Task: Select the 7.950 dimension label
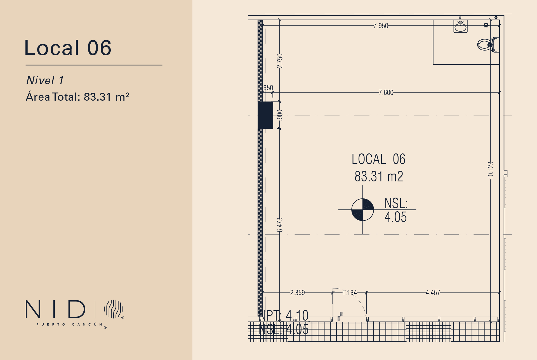[x=381, y=26]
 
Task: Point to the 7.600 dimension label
[x=386, y=93]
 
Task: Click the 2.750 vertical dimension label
[x=280, y=61]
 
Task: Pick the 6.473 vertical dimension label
[x=280, y=225]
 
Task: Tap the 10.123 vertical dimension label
[x=491, y=170]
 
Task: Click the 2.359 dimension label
[x=297, y=293]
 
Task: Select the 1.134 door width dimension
[x=350, y=293]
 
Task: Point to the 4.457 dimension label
[x=433, y=293]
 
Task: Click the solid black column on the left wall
[x=265, y=115]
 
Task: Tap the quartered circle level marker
[x=362, y=210]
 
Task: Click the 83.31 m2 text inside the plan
[x=379, y=177]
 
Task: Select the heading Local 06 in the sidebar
[x=68, y=48]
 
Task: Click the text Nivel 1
[x=45, y=80]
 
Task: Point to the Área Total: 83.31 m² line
[x=77, y=97]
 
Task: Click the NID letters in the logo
[x=55, y=309]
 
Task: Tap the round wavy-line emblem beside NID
[x=114, y=309]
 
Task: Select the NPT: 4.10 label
[x=283, y=316]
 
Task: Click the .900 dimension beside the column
[x=280, y=115]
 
